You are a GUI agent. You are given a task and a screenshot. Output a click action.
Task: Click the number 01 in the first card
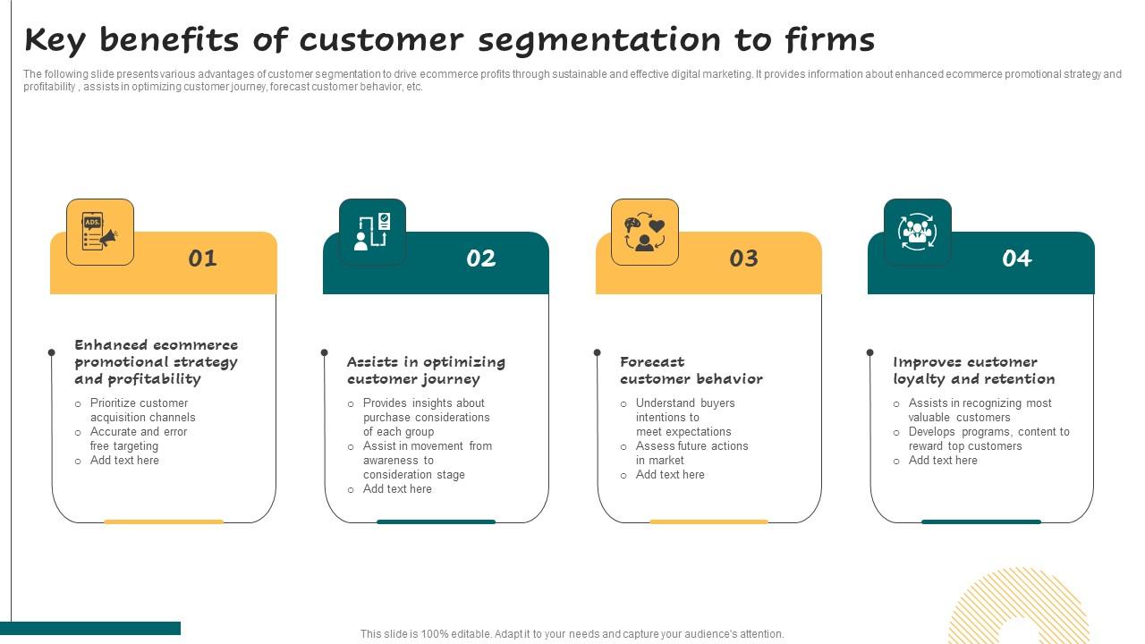pos(203,258)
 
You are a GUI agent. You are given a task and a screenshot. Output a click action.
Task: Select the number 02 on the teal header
pos(481,258)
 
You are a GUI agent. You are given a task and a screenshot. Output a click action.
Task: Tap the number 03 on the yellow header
pos(744,258)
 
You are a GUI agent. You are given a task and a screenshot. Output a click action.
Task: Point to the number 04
pos(1017,258)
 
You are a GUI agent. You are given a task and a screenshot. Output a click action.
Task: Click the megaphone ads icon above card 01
pos(100,233)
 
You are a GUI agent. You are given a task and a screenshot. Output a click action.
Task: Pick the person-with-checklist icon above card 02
pos(372,232)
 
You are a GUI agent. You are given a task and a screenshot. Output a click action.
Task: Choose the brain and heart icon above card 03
pos(645,233)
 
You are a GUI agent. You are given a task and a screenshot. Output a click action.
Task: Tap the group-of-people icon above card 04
pos(917,232)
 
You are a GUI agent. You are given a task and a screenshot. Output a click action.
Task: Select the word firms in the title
pos(829,40)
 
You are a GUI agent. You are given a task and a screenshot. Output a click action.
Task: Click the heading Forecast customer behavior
pos(691,370)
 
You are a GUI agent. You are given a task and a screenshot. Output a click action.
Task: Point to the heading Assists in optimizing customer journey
pos(426,370)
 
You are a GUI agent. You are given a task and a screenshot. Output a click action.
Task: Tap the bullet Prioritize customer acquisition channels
pos(142,411)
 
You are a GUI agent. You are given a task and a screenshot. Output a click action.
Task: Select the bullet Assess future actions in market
pos(691,453)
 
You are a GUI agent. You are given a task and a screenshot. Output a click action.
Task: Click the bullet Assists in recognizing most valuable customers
pos(980,411)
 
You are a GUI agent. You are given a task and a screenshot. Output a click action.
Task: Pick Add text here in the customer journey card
pos(397,489)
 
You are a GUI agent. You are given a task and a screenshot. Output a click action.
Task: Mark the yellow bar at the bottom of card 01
pos(164,521)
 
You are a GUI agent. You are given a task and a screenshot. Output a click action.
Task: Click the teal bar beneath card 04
pos(981,521)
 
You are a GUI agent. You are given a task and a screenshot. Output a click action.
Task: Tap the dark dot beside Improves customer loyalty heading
pos(869,352)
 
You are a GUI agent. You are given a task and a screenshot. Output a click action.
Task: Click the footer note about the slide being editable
pos(572,634)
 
